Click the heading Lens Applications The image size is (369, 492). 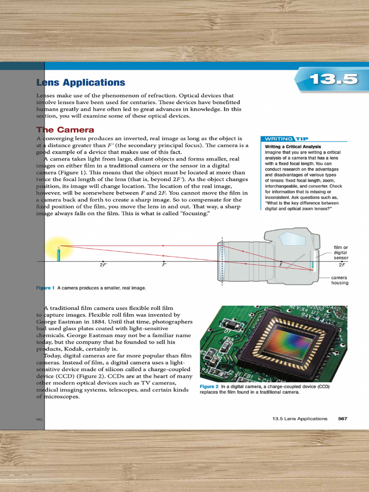click(x=81, y=83)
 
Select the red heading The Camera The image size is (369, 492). click(x=65, y=130)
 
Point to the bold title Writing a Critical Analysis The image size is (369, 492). click(x=293, y=147)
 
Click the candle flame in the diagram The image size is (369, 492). click(x=59, y=246)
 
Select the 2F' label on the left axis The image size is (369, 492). click(x=103, y=265)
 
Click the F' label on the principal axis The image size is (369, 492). click(x=164, y=265)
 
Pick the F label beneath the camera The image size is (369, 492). click(x=281, y=265)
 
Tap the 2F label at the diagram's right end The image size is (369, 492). click(x=342, y=265)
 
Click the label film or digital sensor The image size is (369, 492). click(x=341, y=252)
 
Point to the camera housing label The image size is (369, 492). click(x=340, y=280)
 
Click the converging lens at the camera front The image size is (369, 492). click(x=221, y=261)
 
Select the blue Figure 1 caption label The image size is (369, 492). click(x=46, y=288)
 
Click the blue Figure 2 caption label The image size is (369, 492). click(x=209, y=386)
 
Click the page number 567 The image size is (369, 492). click(x=343, y=418)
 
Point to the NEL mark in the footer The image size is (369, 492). click(x=39, y=419)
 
